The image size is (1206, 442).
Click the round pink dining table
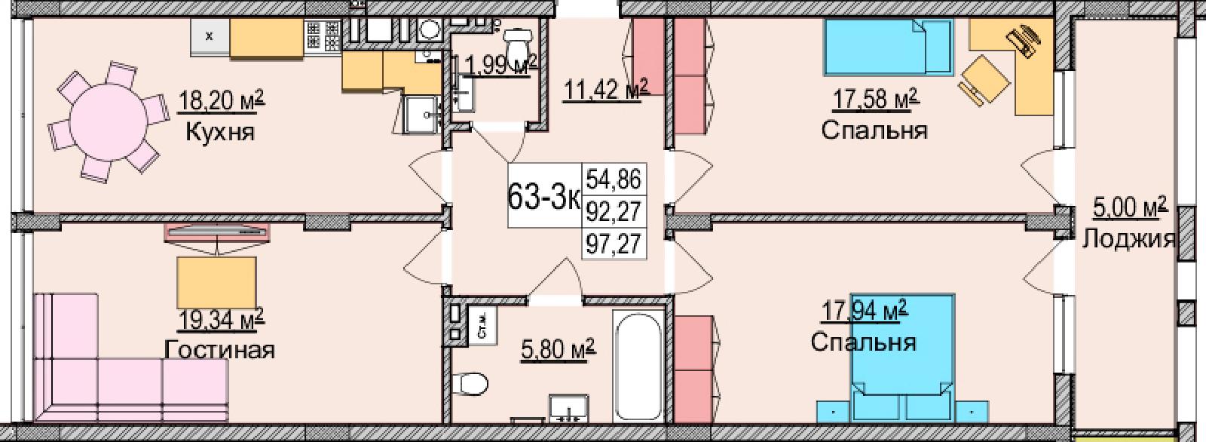pyautogui.click(x=109, y=121)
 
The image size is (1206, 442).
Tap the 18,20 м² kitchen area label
pyautogui.click(x=222, y=100)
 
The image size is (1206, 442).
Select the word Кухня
pyautogui.click(x=219, y=131)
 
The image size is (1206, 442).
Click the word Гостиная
pyautogui.click(x=219, y=350)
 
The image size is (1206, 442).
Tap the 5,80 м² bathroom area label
pyautogui.click(x=558, y=350)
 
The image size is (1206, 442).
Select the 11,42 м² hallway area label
pyautogui.click(x=605, y=89)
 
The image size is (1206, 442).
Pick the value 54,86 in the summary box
pyautogui.click(x=614, y=180)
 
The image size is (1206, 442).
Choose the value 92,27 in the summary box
pyautogui.click(x=614, y=212)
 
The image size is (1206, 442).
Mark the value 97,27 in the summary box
pyautogui.click(x=614, y=244)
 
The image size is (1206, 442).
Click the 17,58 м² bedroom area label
pyautogui.click(x=876, y=100)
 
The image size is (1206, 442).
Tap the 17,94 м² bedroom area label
pyautogui.click(x=865, y=312)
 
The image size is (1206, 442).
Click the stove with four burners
pyautogui.click(x=323, y=35)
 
